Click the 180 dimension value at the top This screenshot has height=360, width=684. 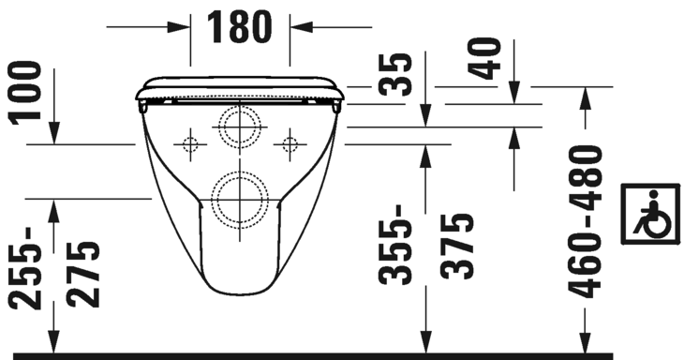(240, 26)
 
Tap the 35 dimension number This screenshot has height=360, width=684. (396, 74)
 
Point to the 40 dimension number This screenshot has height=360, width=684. (487, 58)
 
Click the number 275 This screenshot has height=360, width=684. (82, 274)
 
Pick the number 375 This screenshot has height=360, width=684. (456, 247)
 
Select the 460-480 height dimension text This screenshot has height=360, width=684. (586, 220)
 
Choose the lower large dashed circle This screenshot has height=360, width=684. (239, 199)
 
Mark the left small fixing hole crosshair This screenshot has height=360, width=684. (190, 144)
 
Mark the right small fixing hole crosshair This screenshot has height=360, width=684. (290, 144)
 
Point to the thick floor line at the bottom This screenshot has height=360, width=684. (342, 356)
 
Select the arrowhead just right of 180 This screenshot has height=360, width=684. (300, 26)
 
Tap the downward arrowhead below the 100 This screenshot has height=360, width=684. (54, 136)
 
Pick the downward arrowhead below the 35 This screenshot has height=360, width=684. (425, 118)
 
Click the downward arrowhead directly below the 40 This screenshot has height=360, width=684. (513, 95)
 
